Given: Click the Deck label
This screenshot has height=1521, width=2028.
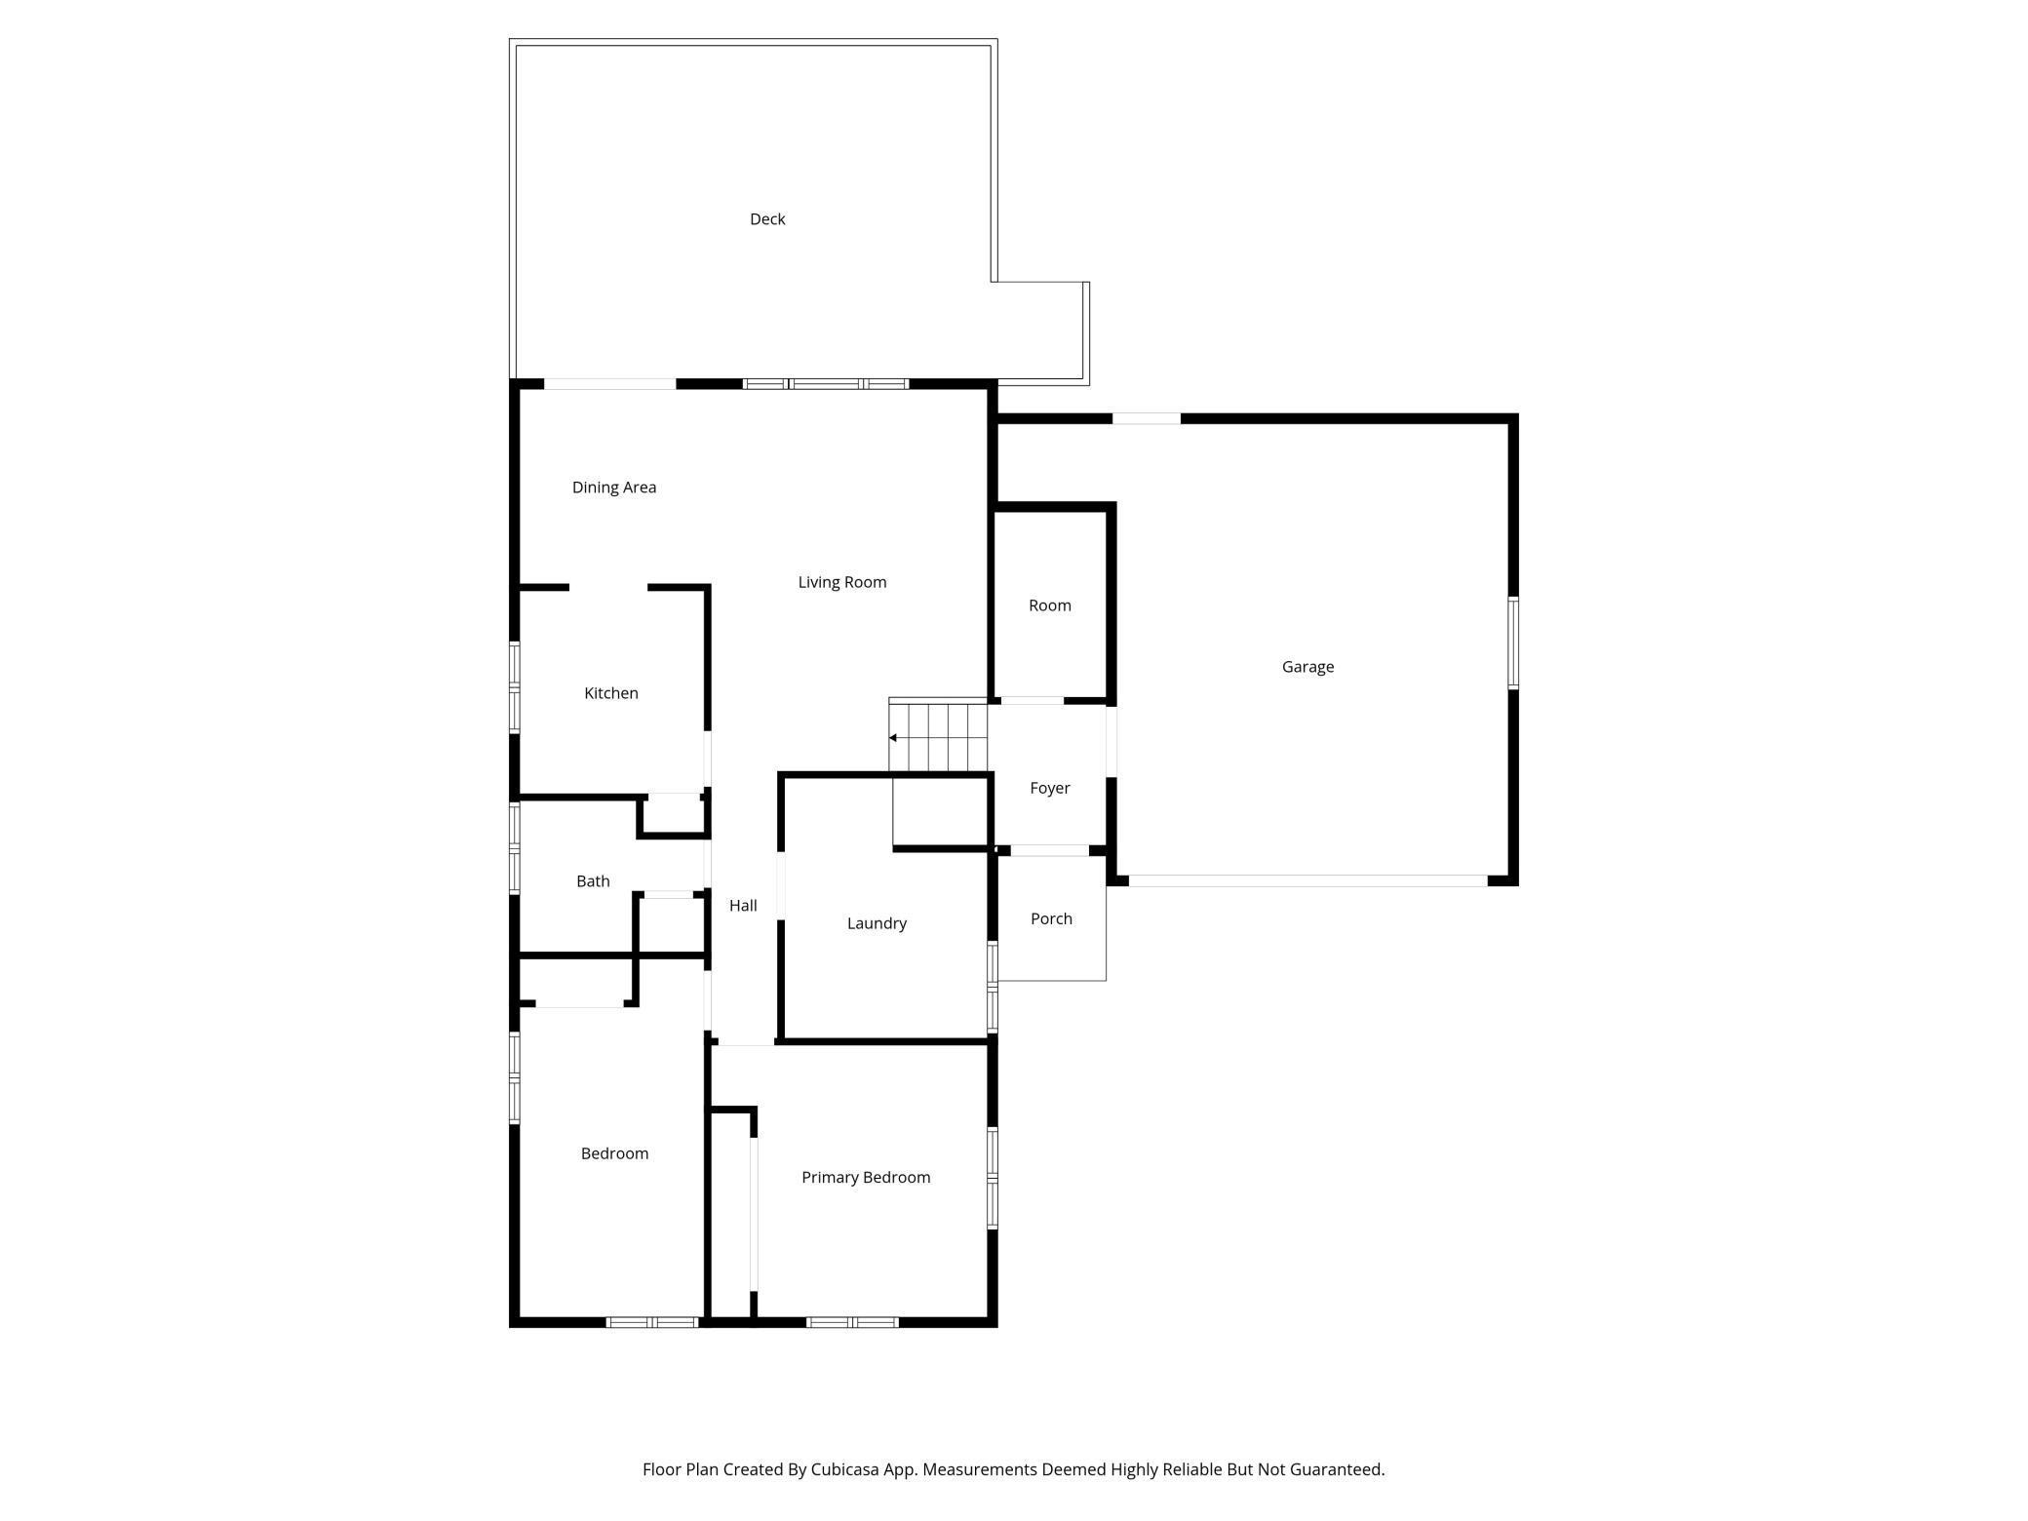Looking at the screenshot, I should click(x=767, y=219).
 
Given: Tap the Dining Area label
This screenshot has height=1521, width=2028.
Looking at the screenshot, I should click(x=614, y=487).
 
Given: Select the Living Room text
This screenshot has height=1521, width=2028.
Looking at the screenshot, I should click(x=842, y=582).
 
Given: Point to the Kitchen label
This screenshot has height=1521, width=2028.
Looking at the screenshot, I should click(x=611, y=693).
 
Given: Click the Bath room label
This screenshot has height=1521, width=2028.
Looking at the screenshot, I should click(x=593, y=881).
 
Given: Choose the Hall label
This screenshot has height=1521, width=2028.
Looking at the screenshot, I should click(x=743, y=906).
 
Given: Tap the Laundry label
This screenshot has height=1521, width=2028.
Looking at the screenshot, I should click(x=877, y=923).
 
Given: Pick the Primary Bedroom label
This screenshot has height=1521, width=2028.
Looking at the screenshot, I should click(x=866, y=1178).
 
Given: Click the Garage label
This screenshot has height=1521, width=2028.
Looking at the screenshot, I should click(x=1307, y=667).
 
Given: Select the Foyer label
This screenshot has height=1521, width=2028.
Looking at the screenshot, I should click(x=1050, y=788).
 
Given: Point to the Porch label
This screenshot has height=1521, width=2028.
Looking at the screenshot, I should click(x=1051, y=918).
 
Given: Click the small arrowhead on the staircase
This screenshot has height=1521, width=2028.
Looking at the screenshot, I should click(x=893, y=738).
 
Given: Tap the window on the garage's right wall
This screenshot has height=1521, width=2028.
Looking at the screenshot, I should click(x=1513, y=643).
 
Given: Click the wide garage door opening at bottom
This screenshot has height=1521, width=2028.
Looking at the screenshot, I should click(x=1307, y=880).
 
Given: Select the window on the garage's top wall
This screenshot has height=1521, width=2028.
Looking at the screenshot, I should click(x=1147, y=418).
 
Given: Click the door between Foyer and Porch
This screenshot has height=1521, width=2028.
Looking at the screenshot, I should click(x=1049, y=850).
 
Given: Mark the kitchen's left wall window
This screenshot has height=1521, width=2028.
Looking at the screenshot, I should click(x=515, y=686).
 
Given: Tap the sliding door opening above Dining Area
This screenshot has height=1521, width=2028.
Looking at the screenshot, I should click(x=609, y=384).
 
